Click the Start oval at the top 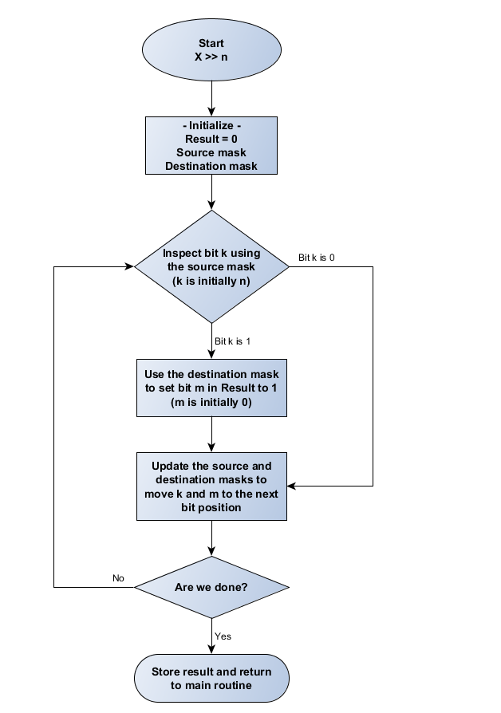211,50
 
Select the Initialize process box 211,145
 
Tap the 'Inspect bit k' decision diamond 211,266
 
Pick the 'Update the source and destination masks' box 211,486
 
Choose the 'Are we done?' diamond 211,588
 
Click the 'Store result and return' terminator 211,678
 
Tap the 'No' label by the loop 119,577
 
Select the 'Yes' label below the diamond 223,636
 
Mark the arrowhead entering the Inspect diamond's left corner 128,266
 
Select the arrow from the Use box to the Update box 211,434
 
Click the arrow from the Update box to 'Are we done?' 211,538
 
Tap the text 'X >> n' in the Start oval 211,57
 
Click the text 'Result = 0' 211,139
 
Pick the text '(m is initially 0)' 211,403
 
